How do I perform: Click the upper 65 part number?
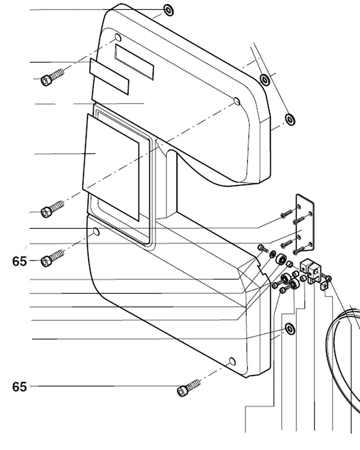19,261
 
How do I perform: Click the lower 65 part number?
19,387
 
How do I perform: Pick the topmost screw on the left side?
53,76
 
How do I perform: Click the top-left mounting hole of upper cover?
118,37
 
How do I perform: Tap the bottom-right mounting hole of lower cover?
232,361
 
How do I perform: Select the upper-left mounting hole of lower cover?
96,231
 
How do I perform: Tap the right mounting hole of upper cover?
236,101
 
